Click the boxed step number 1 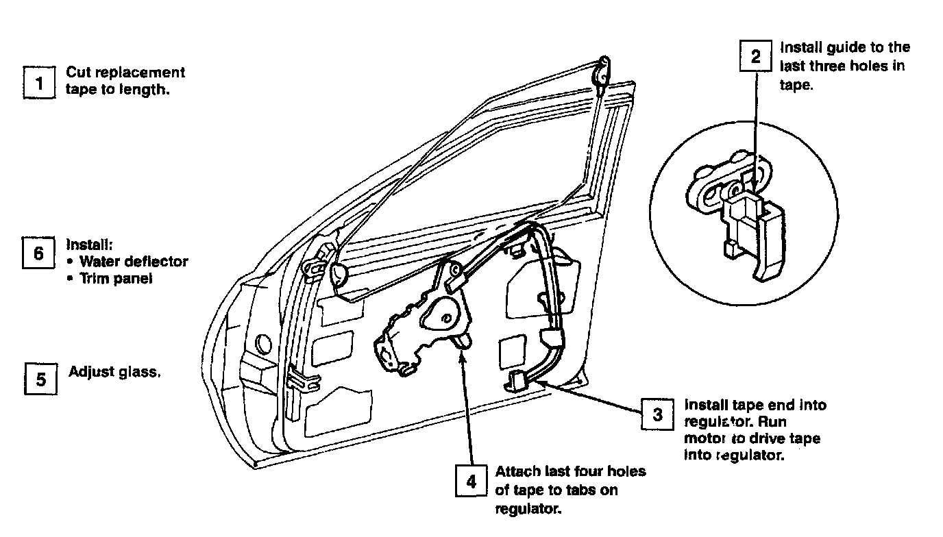pos(38,83)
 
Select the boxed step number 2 pos(755,56)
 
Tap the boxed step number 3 pos(657,414)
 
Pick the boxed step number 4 pos(472,481)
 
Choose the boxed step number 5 pos(40,378)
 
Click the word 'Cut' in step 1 pos(78,73)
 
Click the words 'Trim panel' pos(115,279)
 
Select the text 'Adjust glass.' pos(114,372)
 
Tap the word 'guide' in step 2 pos(845,48)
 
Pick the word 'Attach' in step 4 pos(518,472)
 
